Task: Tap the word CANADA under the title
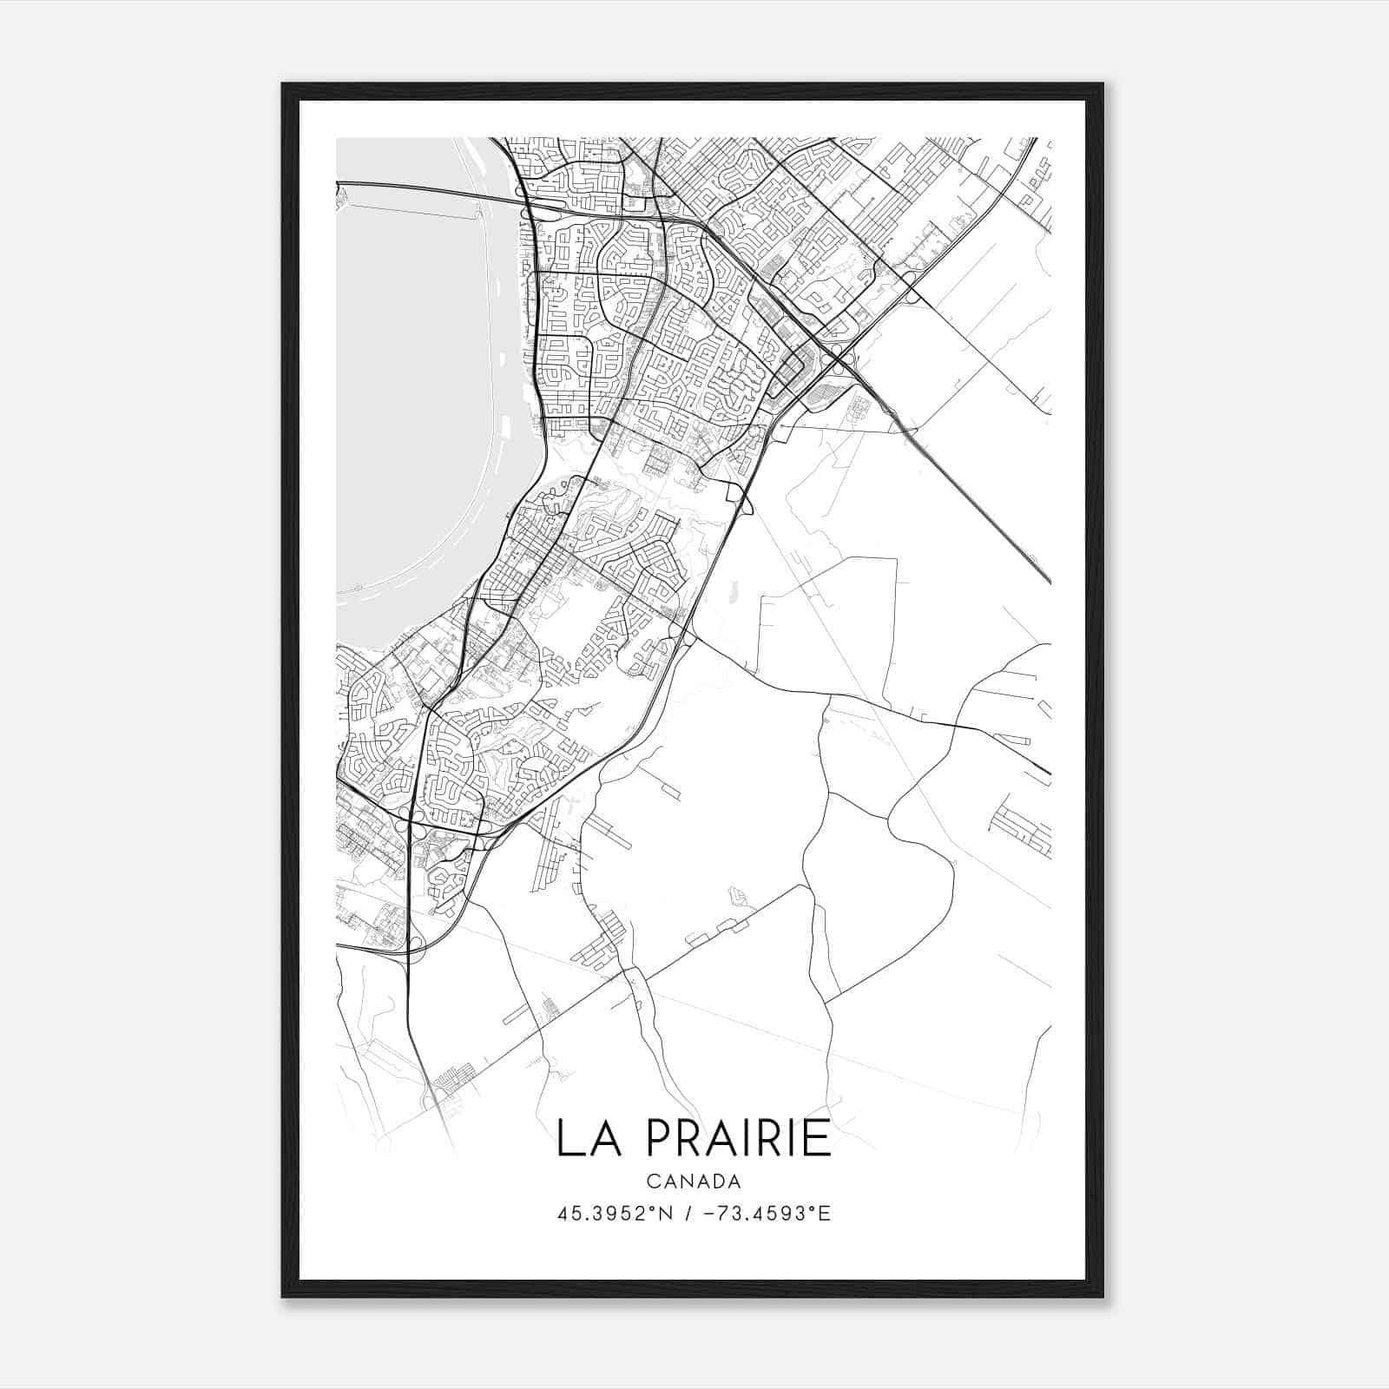pos(694,1181)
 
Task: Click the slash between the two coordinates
pos(687,1214)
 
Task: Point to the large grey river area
pos(408,391)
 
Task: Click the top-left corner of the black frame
pos(284,85)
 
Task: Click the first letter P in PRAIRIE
pos(660,1138)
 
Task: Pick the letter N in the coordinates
pos(666,1214)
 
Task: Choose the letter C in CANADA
pos(652,1181)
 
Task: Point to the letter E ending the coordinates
pos(825,1214)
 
